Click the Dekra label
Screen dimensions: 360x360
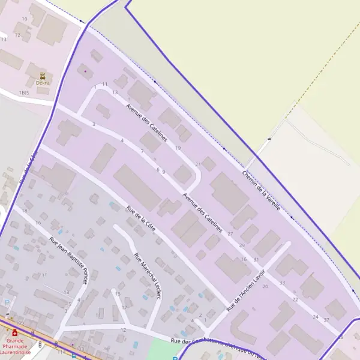43,83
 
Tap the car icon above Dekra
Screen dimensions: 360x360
43,76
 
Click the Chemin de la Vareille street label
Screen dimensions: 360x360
262,190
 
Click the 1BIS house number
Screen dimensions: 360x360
24,93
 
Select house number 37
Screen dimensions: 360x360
326,320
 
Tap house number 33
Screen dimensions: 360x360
282,282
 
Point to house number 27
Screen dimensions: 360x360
230,232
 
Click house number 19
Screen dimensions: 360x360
178,148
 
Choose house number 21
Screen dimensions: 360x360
198,164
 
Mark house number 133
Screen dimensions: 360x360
80,349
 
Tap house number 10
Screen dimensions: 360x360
25,19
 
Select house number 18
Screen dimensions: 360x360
25,211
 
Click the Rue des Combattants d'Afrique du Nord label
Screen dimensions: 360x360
216,348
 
